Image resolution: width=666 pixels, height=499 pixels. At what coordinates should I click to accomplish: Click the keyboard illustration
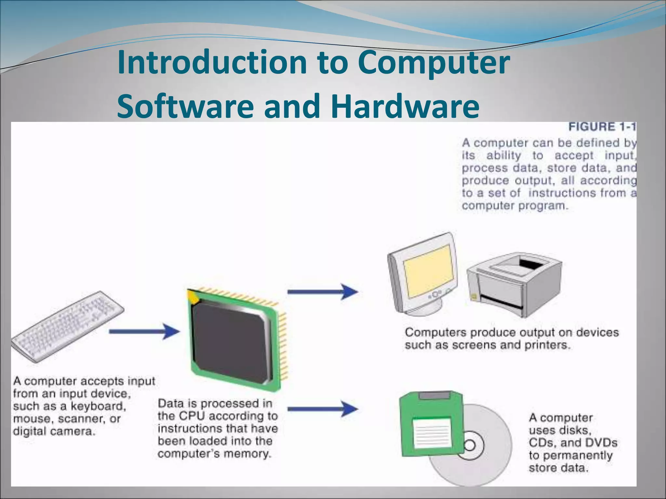click(x=68, y=326)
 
